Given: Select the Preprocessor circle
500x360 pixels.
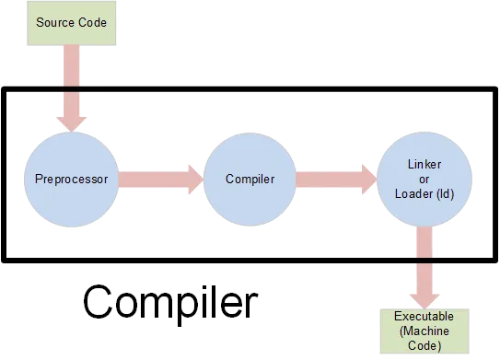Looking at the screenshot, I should click(72, 179).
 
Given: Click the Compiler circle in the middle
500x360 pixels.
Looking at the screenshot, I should click(249, 179).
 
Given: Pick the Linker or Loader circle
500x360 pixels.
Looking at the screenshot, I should click(424, 179).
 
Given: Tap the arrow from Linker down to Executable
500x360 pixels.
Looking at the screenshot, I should click(424, 267).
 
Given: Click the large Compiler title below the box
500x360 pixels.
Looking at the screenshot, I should click(168, 304).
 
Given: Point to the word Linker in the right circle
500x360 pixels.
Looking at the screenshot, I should click(424, 164).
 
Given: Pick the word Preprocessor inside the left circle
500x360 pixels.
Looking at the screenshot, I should click(72, 179).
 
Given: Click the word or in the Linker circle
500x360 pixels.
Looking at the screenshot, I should click(424, 179).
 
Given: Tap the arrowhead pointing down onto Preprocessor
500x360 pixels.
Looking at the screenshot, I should click(72, 120).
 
